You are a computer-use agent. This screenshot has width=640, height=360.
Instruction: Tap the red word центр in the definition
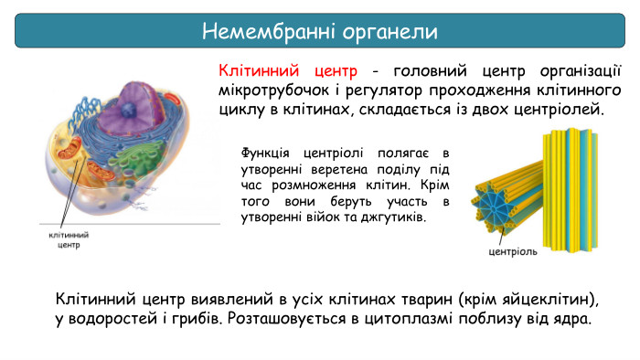coord(338,71)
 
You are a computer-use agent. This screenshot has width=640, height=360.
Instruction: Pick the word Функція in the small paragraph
coord(264,153)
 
